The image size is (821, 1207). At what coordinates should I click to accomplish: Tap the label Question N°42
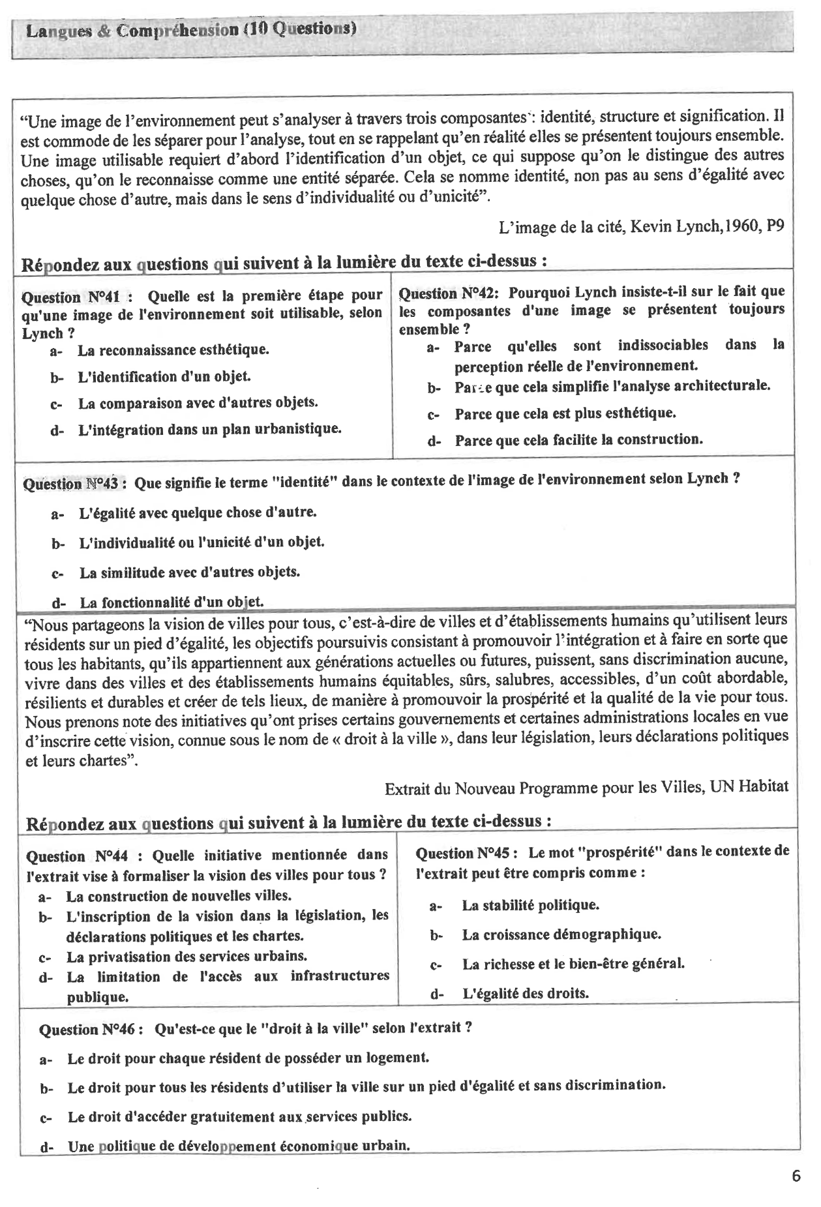click(448, 293)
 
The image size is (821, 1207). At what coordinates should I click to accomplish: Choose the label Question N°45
click(466, 853)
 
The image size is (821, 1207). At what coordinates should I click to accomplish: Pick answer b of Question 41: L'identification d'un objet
click(164, 377)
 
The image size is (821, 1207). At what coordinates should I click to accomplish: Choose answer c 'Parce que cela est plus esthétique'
click(565, 413)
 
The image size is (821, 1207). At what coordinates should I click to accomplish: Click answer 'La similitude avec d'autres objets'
click(189, 573)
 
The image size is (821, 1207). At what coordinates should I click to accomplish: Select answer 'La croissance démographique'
click(561, 934)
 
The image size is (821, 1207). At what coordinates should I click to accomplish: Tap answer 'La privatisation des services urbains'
click(186, 957)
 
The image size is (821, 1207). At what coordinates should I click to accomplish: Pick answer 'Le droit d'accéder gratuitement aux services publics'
click(239, 1116)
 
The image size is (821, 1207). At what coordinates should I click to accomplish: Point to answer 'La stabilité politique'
click(530, 905)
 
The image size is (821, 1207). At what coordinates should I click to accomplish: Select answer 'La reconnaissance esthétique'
click(173, 350)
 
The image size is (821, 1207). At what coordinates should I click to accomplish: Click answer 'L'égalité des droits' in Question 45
click(525, 994)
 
